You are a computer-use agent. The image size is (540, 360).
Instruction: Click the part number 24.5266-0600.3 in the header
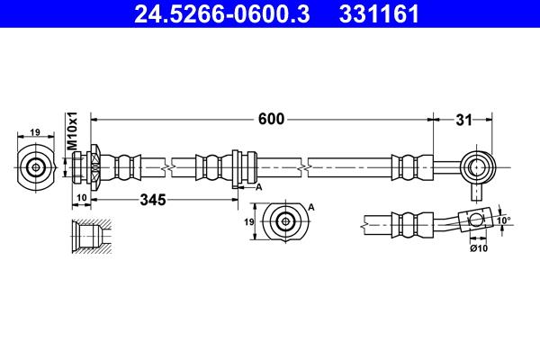[x=221, y=13]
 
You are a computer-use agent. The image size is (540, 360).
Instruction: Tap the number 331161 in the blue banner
[x=379, y=13]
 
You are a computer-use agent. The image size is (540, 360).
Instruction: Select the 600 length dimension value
[x=272, y=119]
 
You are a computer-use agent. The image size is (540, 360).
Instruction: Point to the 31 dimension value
[x=463, y=121]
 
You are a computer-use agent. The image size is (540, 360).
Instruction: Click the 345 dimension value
[x=153, y=200]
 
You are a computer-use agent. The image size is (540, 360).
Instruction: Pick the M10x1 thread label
[x=72, y=130]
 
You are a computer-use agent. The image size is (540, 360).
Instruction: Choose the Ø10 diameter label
[x=479, y=248]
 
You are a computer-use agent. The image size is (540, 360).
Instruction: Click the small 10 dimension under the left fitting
[x=81, y=198]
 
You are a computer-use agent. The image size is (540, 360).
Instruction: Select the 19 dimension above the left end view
[x=35, y=132]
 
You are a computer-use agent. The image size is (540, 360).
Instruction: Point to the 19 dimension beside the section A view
[x=249, y=222]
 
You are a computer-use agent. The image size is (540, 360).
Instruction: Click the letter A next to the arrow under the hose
[x=258, y=187]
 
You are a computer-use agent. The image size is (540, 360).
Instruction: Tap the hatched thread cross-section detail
[x=92, y=236]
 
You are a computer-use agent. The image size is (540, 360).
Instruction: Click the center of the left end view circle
[x=35, y=167]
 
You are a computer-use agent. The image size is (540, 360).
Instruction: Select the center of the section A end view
[x=285, y=221]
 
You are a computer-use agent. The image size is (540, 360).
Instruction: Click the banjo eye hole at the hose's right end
[x=476, y=167]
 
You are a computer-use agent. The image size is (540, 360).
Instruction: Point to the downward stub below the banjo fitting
[x=476, y=193]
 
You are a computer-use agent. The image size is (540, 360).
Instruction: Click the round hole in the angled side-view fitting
[x=476, y=220]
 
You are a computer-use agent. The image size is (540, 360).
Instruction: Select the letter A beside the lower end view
[x=311, y=207]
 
